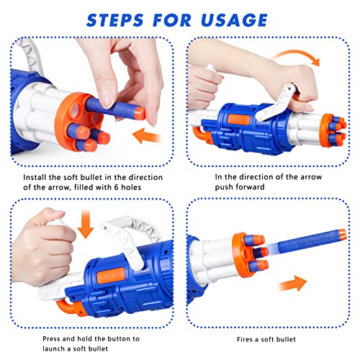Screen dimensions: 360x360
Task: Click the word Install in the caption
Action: point(34,177)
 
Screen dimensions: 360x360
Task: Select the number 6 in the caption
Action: point(127,189)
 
